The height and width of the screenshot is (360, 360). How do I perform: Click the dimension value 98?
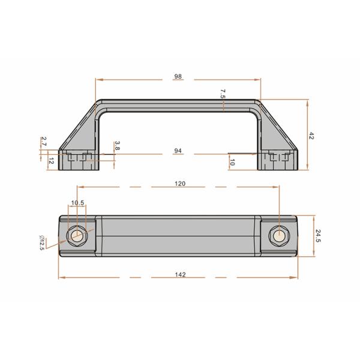[178, 77]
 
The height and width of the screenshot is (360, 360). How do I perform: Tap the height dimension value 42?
[312, 136]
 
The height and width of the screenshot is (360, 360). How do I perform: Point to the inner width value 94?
[178, 152]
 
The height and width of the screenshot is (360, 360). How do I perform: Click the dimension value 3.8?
[117, 145]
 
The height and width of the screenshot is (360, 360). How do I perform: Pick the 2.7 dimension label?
[44, 142]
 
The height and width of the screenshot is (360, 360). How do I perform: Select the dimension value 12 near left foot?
[51, 161]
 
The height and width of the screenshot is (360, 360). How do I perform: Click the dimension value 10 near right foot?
[232, 161]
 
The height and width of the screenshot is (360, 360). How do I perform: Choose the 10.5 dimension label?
[77, 203]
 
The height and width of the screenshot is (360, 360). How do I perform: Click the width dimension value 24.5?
[319, 235]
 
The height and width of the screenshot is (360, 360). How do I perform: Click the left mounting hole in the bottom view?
[77, 235]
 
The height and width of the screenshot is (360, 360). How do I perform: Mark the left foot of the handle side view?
[79, 160]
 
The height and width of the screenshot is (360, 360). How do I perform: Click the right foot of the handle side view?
[278, 160]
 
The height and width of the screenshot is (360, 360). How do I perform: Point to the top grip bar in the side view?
[178, 104]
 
